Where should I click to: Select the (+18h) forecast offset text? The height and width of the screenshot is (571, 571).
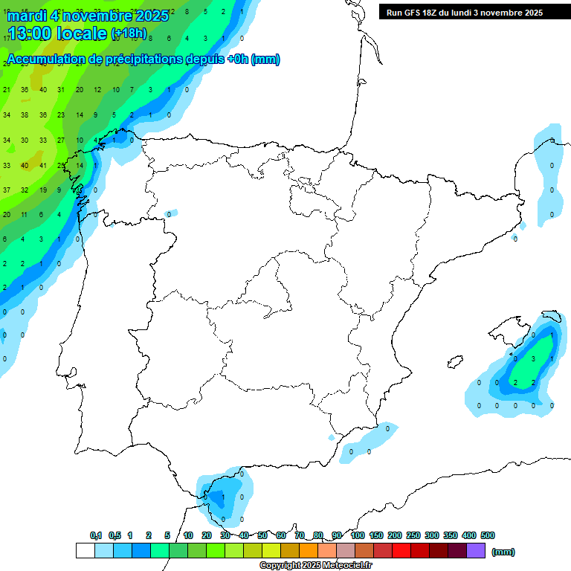129,33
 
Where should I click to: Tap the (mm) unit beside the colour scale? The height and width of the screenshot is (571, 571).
503,552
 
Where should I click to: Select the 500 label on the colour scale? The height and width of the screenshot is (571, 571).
488,535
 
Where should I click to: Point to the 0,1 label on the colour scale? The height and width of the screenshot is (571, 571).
96,535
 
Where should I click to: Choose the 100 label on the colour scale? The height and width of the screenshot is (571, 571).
357,535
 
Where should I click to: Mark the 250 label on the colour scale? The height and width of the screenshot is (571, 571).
413,535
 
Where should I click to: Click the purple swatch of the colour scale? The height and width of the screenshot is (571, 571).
476,551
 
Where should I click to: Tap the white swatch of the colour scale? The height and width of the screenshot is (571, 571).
86,551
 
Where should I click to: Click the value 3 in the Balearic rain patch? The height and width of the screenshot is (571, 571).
534,358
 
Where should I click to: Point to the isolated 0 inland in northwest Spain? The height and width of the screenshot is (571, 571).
169,214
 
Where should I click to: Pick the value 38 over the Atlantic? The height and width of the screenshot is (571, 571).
24,115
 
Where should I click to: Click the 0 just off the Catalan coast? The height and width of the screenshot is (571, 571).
514,239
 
